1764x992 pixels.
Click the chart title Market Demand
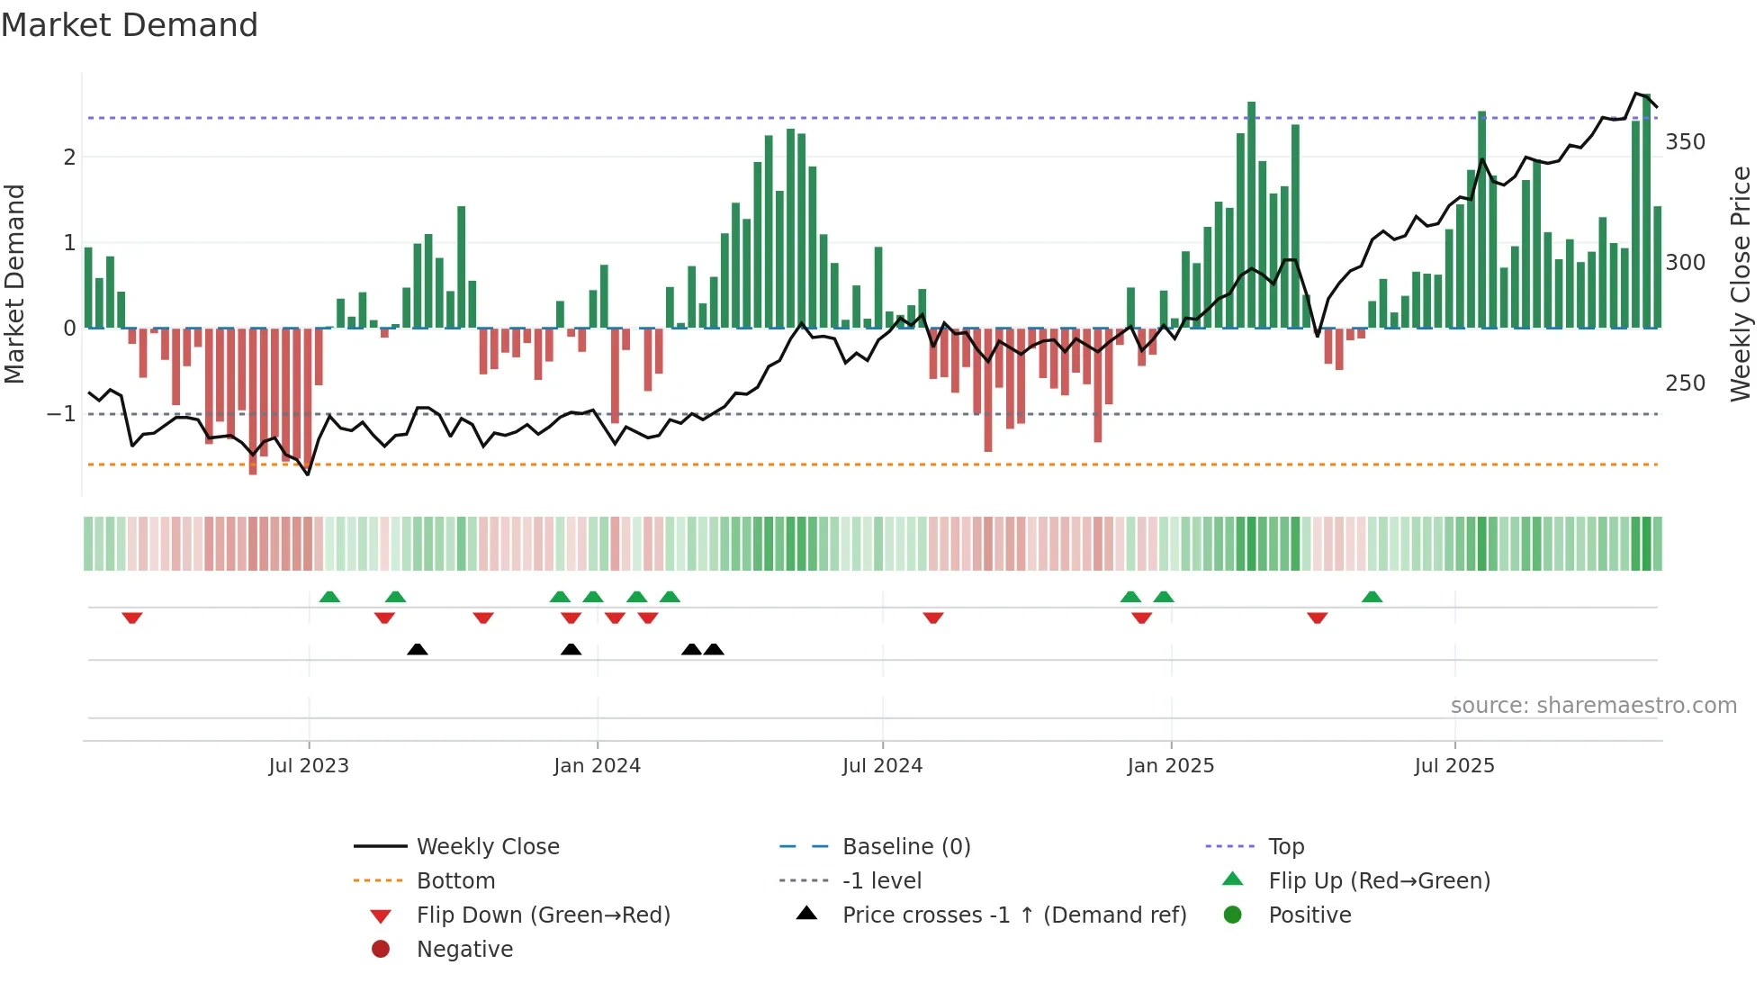pyautogui.click(x=130, y=25)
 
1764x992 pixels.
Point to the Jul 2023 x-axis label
pyautogui.click(x=309, y=766)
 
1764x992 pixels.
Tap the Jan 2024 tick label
pyautogui.click(x=597, y=766)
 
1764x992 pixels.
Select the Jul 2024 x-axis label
pyautogui.click(x=882, y=766)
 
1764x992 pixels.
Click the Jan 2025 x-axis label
pyautogui.click(x=1170, y=766)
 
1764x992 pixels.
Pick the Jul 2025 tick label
pyautogui.click(x=1454, y=766)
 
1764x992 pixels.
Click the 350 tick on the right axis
pyautogui.click(x=1685, y=142)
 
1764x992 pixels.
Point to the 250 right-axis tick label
pyautogui.click(x=1685, y=383)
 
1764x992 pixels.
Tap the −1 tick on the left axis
pyautogui.click(x=61, y=414)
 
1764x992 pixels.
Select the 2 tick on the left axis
pyautogui.click(x=69, y=158)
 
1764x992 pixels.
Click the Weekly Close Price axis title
pyautogui.click(x=1741, y=284)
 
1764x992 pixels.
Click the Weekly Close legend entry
pyautogui.click(x=488, y=847)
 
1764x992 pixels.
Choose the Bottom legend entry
pyautogui.click(x=455, y=881)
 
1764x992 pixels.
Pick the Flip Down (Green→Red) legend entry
pyautogui.click(x=543, y=915)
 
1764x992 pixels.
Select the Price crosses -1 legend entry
pyautogui.click(x=1013, y=915)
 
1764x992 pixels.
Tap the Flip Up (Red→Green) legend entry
pyautogui.click(x=1379, y=881)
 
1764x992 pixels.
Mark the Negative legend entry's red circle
pyautogui.click(x=381, y=950)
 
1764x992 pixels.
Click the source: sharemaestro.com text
pyautogui.click(x=1593, y=706)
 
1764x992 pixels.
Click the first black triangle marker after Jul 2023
pyautogui.click(x=418, y=650)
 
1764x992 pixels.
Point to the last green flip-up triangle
pyautogui.click(x=1372, y=598)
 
